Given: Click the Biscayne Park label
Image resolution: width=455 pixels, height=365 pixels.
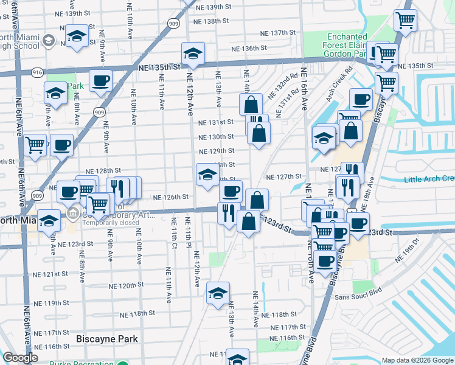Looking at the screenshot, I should [107, 339].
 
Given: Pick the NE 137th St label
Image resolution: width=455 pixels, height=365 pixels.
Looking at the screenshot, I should [277, 33].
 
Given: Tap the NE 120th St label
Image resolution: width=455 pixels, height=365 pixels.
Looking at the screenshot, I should [127, 285].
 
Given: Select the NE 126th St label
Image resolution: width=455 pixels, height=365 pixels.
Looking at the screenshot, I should [170, 198].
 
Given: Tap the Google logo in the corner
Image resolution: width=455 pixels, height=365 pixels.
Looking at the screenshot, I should [20, 358].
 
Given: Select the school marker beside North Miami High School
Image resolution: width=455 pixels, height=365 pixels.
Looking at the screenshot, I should [77, 36].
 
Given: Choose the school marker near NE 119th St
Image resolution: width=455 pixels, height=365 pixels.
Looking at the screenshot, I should [218, 293].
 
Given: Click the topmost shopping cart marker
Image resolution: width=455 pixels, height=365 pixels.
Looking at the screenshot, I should [405, 19].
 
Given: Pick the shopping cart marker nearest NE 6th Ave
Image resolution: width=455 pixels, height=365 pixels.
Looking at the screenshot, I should [36, 145].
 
